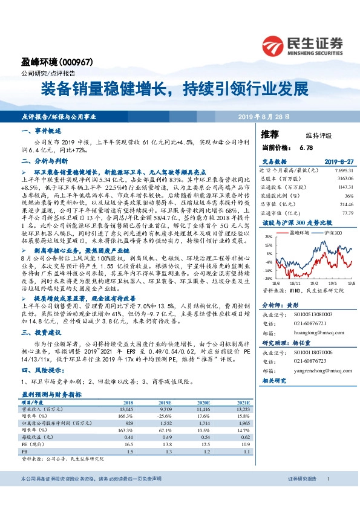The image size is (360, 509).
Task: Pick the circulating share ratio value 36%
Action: (x=349, y=195)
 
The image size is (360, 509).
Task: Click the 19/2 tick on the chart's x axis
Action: (x=315, y=282)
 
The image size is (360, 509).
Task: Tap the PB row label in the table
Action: (x=24, y=451)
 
